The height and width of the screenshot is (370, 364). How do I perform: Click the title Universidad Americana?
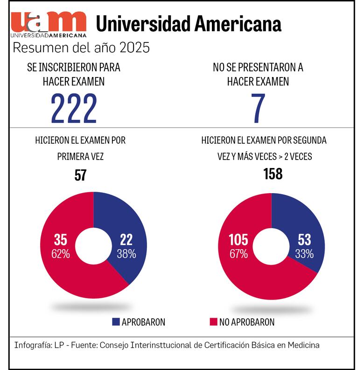tap(189, 24)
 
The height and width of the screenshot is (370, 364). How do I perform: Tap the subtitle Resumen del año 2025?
tap(81, 48)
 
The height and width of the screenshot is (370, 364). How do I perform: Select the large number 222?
tap(74, 108)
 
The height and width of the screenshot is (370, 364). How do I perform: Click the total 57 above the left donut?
tap(81, 175)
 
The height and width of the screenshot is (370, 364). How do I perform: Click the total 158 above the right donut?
tap(273, 174)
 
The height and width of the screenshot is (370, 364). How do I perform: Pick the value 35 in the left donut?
tap(61, 240)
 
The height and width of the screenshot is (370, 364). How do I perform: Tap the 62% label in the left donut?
tap(61, 254)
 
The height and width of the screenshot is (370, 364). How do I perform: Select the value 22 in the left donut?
tap(126, 240)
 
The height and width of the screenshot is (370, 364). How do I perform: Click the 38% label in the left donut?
tap(126, 254)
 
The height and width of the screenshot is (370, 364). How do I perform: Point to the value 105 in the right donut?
tap(238, 240)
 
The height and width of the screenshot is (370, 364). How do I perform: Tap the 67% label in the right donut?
tap(238, 254)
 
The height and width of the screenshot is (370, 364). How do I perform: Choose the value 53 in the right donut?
tap(304, 240)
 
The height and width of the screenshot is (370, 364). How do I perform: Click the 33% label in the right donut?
tap(304, 254)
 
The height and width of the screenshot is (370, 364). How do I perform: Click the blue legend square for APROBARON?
tap(116, 321)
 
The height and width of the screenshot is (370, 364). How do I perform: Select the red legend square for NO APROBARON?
tap(213, 321)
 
